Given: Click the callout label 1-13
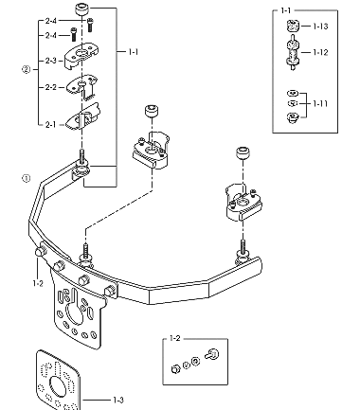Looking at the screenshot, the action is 320,27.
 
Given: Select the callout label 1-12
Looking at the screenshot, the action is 320,52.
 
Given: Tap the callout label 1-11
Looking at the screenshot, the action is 320,103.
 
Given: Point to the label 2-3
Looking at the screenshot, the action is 50,61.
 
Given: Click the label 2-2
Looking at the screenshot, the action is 50,87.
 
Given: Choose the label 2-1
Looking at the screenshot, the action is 50,125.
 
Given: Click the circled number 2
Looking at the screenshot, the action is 26,69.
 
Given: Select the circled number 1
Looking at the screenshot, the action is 26,178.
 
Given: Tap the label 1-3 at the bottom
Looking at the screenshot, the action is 118,401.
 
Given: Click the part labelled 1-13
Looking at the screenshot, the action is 293,26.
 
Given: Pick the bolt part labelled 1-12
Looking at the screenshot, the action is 293,52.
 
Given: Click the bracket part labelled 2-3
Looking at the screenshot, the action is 81,56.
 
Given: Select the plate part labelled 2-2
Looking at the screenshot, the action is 81,86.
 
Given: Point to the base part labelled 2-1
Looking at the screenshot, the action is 82,116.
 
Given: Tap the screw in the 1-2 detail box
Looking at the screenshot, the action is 212,354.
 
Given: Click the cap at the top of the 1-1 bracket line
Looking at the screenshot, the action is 82,9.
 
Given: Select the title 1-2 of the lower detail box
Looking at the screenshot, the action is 174,339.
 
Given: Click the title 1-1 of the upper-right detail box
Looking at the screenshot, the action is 286,10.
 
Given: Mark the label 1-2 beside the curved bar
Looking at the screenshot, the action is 38,283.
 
